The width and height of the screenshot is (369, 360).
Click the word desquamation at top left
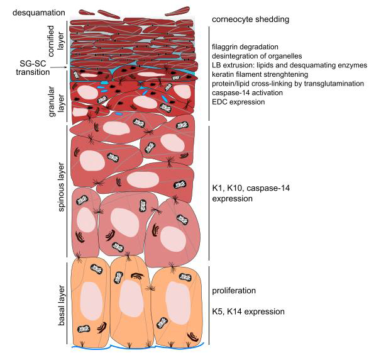click(39, 13)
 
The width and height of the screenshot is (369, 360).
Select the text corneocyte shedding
click(250, 20)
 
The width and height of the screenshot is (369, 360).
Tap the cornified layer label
click(54, 41)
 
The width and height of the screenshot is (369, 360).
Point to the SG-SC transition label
click(33, 67)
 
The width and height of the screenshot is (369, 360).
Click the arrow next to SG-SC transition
click(59, 67)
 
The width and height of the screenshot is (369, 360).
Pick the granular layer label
click(55, 101)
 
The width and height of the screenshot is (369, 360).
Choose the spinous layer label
click(61, 187)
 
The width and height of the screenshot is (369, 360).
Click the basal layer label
click(61, 306)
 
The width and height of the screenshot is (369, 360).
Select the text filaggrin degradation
click(245, 47)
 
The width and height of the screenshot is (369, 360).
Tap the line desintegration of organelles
click(256, 56)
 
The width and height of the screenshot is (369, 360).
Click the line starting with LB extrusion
click(289, 65)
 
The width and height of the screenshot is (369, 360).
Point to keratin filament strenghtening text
click(260, 74)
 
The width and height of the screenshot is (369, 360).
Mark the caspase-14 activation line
click(247, 93)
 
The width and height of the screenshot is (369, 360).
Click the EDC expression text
click(238, 102)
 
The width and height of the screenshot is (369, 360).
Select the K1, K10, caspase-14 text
click(251, 188)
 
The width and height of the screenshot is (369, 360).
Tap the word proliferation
click(234, 291)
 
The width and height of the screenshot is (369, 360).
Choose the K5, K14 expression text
click(248, 312)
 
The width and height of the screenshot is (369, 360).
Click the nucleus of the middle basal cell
click(131, 298)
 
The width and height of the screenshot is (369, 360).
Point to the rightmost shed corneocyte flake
click(177, 11)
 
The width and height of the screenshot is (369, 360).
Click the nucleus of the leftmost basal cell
click(91, 301)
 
